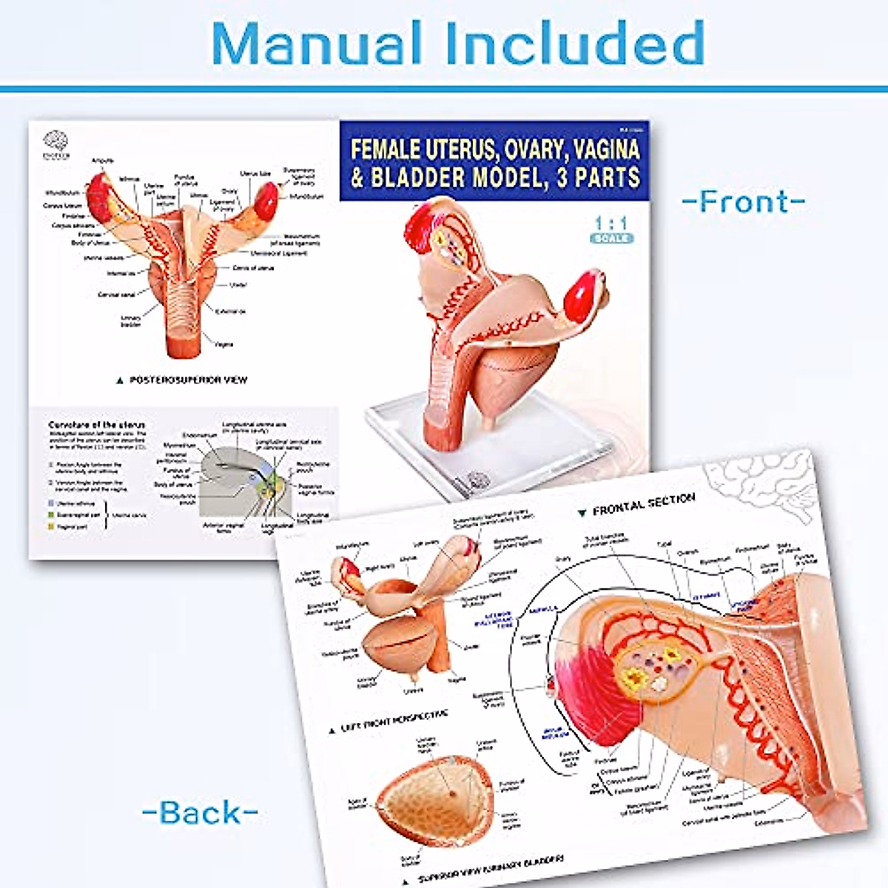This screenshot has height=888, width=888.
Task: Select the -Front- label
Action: click(743, 202)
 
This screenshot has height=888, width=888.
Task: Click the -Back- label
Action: click(200, 813)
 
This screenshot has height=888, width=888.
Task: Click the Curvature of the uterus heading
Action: click(97, 425)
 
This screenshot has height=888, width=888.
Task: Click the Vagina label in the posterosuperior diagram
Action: click(224, 344)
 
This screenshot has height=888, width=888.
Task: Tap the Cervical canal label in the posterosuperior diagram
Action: click(116, 295)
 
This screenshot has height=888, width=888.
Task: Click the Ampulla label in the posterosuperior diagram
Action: click(102, 161)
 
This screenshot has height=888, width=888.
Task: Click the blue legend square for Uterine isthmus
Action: click(50, 503)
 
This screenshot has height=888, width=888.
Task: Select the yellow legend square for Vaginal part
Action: click(50, 526)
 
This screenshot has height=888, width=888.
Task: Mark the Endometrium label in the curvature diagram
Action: click(200, 435)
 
